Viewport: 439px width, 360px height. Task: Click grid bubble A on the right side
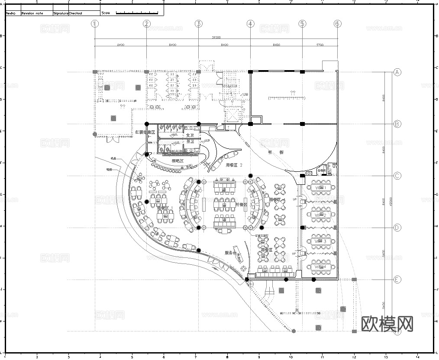(397, 72)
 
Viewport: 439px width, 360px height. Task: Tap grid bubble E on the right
(397, 280)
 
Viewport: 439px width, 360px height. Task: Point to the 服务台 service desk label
(230, 253)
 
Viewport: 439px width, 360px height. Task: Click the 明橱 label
(276, 152)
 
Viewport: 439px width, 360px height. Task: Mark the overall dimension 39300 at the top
(216, 38)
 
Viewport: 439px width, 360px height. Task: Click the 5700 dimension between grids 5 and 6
(320, 45)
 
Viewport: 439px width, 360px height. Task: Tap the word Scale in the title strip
(106, 13)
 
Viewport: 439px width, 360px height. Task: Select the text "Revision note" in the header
(34, 13)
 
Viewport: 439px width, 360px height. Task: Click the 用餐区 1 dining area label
(164, 208)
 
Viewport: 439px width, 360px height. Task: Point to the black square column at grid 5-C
(302, 176)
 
